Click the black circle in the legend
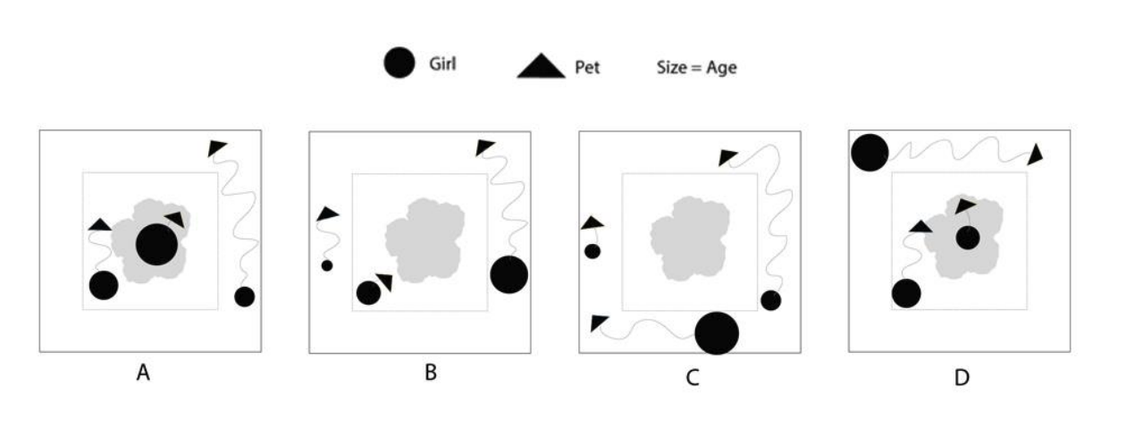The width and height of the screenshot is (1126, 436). click(x=399, y=63)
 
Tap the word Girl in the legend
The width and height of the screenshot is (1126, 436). click(x=444, y=63)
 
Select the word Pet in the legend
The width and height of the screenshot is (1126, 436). click(x=586, y=67)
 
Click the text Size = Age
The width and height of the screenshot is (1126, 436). click(x=695, y=67)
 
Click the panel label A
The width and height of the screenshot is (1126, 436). click(x=142, y=374)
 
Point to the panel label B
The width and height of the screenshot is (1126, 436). click(x=430, y=373)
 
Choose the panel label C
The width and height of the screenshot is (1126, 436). click(x=692, y=377)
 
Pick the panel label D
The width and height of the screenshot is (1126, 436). click(x=961, y=377)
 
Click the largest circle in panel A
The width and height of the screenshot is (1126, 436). click(x=156, y=245)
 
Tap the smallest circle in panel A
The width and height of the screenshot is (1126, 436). click(x=244, y=296)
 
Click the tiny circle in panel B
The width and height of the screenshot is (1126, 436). click(x=327, y=265)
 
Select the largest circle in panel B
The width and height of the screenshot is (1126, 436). click(x=509, y=274)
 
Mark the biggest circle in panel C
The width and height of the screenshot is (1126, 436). click(x=717, y=333)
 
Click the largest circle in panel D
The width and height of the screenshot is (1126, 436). click(x=869, y=153)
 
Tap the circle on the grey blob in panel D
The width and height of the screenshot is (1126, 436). click(x=967, y=239)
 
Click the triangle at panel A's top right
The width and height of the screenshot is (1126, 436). click(x=217, y=147)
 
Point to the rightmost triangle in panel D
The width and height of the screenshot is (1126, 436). click(x=1035, y=155)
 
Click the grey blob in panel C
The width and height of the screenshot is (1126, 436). click(x=688, y=238)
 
